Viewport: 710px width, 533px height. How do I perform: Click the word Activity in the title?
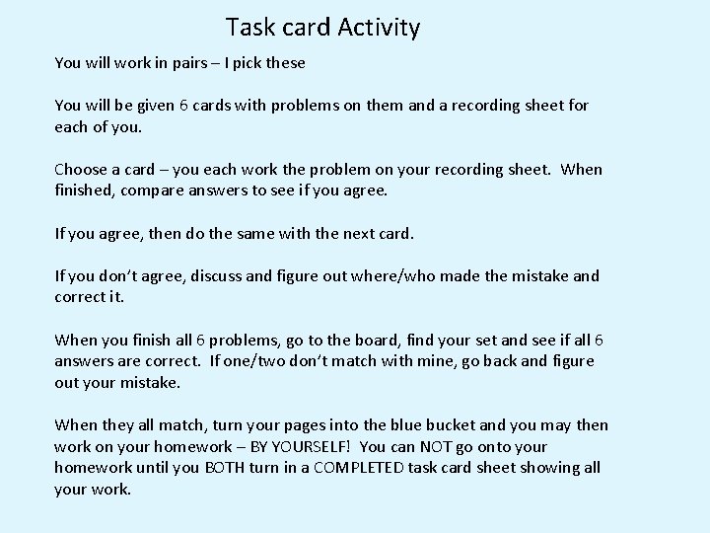tap(379, 28)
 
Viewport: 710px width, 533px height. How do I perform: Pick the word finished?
tap(86, 190)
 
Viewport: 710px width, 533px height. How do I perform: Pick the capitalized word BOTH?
tap(229, 468)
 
